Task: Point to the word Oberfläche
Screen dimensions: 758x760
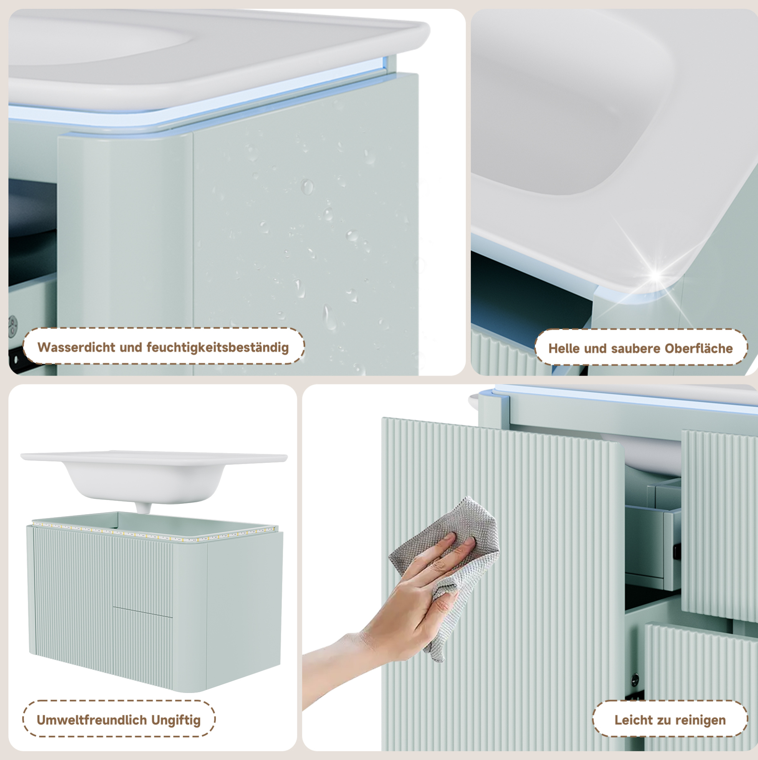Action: point(698,349)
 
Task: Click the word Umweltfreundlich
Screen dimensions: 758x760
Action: point(92,720)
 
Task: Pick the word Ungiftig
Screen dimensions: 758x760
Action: point(176,720)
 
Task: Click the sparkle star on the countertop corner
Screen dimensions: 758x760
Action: point(655,275)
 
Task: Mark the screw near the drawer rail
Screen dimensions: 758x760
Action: point(634,677)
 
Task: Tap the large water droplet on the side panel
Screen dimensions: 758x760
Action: point(307,186)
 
